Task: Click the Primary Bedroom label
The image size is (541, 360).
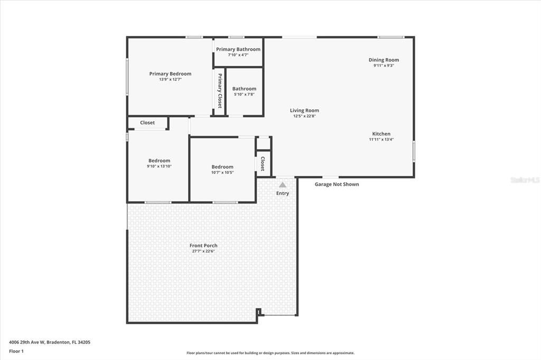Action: click(170, 74)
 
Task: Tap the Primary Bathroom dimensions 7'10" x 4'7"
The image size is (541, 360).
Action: click(238, 55)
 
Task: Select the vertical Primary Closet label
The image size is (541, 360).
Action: click(219, 90)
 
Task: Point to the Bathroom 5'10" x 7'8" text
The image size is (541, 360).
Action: click(244, 94)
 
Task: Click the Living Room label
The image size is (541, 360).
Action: click(304, 110)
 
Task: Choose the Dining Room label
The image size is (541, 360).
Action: click(384, 60)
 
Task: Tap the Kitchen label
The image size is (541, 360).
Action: click(381, 134)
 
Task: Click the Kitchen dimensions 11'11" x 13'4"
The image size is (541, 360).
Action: click(381, 140)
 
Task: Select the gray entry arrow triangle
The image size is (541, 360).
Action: click(283, 185)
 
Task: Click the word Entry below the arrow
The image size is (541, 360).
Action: click(283, 193)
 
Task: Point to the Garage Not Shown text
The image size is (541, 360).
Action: click(337, 184)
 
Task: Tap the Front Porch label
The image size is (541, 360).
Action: click(203, 245)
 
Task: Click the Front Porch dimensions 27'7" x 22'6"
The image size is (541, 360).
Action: click(203, 251)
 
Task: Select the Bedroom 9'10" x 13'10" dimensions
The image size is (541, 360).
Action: click(159, 166)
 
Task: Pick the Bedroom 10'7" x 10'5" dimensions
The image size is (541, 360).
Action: click(222, 173)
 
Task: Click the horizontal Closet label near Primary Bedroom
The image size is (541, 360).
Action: click(147, 122)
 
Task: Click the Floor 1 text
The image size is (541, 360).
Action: click(16, 350)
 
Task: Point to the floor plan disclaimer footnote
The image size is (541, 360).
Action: click(270, 353)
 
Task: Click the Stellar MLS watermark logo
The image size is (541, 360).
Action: click(524, 180)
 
